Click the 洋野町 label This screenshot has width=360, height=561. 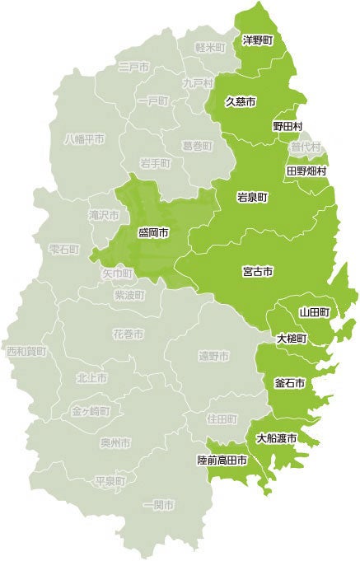[258, 39]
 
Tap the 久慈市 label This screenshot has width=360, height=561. [241, 102]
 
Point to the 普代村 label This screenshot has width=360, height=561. [306, 147]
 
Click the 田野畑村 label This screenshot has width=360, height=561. [306, 171]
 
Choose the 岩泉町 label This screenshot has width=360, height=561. [252, 198]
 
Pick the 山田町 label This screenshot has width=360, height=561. [314, 312]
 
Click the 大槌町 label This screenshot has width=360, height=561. [292, 339]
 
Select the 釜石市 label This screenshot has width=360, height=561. [289, 384]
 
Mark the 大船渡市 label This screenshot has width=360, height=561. [276, 437]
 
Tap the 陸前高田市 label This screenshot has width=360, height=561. [222, 460]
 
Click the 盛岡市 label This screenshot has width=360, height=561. [153, 234]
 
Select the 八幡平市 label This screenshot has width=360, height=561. [85, 139]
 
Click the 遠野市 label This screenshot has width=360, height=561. [213, 356]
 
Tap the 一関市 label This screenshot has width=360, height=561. [158, 503]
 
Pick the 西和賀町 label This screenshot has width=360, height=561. [26, 351]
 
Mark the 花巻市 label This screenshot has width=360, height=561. [128, 334]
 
